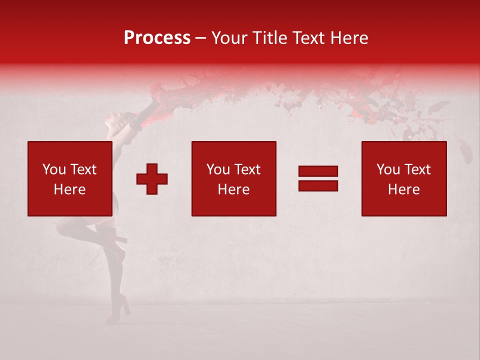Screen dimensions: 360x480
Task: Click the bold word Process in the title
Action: coord(157,38)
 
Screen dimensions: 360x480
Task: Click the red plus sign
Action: coord(152,179)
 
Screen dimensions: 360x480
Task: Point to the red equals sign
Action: coord(318,178)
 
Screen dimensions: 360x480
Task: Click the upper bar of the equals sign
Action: coord(318,171)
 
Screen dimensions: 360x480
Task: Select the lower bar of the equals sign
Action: coord(318,185)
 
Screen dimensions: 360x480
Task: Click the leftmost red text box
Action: coord(69,178)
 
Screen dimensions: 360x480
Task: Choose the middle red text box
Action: coord(233,178)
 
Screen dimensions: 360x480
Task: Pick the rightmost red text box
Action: coord(403,178)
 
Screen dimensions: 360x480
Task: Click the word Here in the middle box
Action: coord(233,189)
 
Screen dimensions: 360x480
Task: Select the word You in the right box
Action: coord(388,169)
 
